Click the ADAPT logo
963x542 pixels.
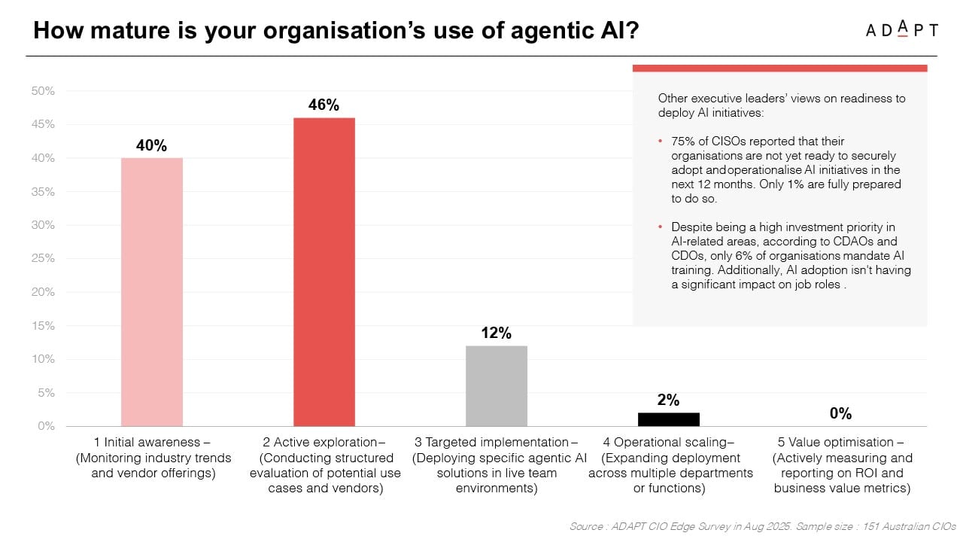point(901,29)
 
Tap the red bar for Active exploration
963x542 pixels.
point(324,272)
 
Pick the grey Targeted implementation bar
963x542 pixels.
point(496,385)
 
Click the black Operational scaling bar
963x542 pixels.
point(668,419)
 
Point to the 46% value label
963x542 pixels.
point(324,105)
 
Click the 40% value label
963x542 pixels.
point(151,146)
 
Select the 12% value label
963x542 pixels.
point(496,333)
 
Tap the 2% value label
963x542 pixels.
point(668,400)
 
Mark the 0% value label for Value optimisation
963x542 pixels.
point(840,413)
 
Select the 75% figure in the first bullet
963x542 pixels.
point(683,141)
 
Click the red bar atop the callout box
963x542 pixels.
point(779,68)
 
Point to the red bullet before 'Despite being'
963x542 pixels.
point(661,227)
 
